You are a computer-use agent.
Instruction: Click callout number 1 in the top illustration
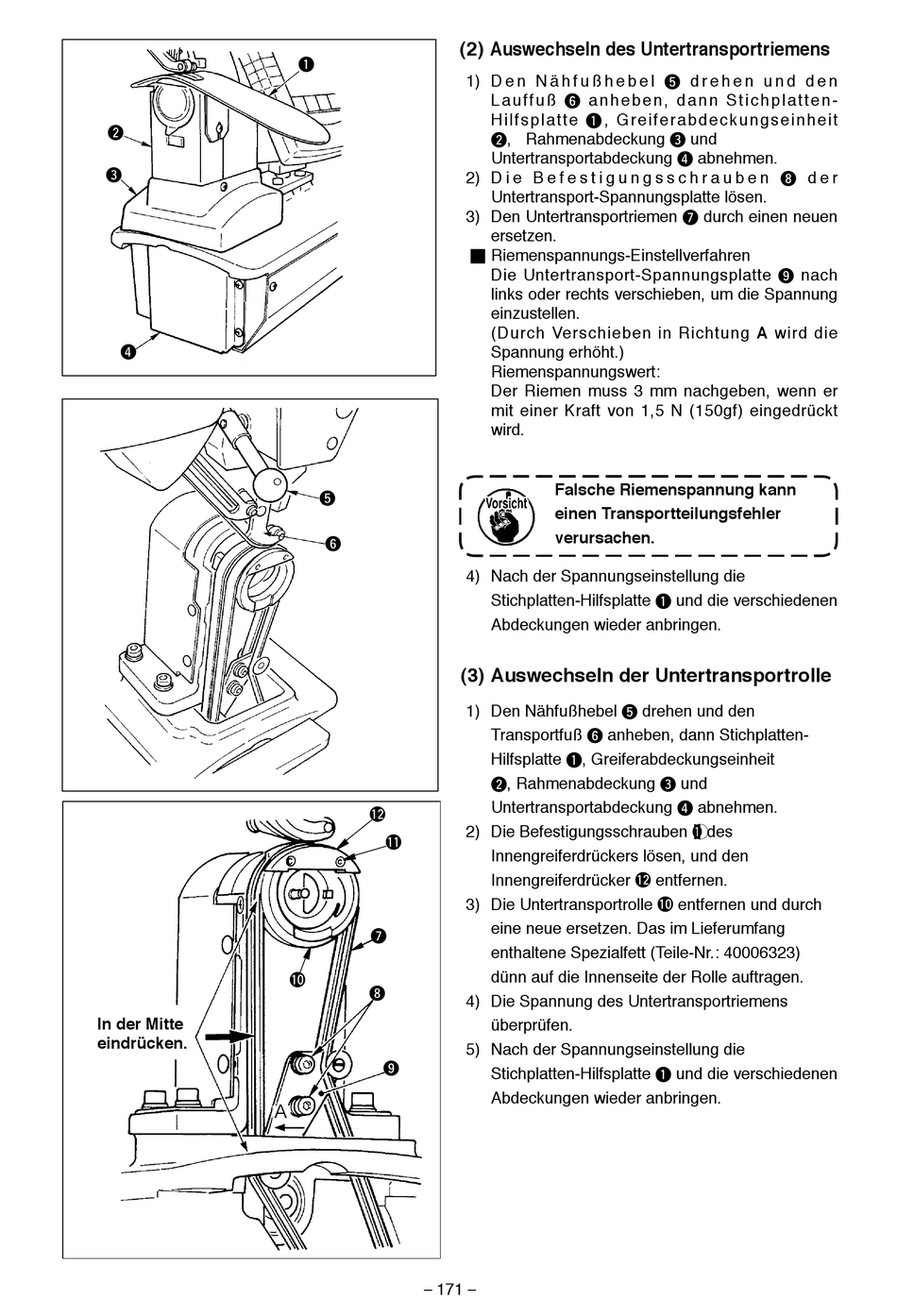pyautogui.click(x=307, y=64)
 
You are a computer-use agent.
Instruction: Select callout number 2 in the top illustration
pyautogui.click(x=114, y=133)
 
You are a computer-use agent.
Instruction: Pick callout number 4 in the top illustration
pyautogui.click(x=127, y=352)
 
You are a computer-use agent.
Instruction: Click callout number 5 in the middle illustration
pyautogui.click(x=327, y=498)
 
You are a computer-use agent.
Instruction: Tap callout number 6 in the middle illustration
pyautogui.click(x=333, y=543)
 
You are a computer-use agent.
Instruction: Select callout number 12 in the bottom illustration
pyautogui.click(x=377, y=814)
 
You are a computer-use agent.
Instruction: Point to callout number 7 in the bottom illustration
pyautogui.click(x=379, y=936)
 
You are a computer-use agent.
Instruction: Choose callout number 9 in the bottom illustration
pyautogui.click(x=390, y=1068)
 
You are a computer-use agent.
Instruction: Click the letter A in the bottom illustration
pyautogui.click(x=280, y=1112)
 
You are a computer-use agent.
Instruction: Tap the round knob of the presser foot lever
pyautogui.click(x=269, y=486)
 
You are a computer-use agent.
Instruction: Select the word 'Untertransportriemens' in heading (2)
pyautogui.click(x=735, y=50)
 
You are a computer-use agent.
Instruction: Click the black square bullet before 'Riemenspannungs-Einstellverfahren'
pyautogui.click(x=478, y=256)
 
